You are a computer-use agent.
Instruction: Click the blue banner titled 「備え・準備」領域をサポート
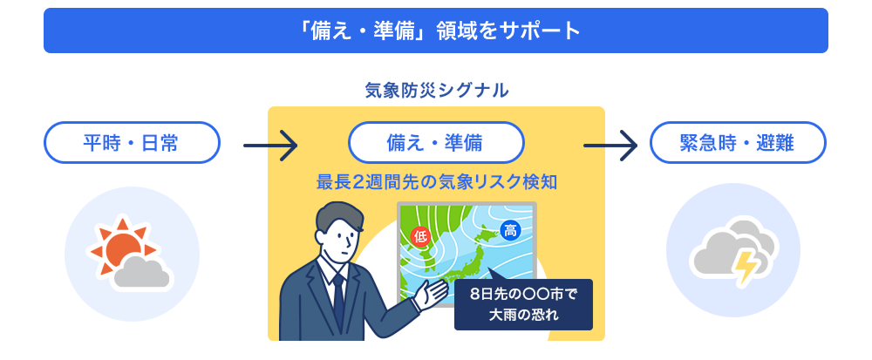pyautogui.click(x=435, y=31)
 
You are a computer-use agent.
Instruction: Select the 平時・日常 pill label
pyautogui.click(x=132, y=143)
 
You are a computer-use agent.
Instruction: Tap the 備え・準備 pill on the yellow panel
pyautogui.click(x=436, y=143)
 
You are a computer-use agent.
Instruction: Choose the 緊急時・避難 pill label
pyautogui.click(x=738, y=143)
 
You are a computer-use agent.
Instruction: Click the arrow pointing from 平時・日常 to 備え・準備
pyautogui.click(x=270, y=146)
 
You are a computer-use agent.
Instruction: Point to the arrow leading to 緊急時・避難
pyautogui.click(x=610, y=146)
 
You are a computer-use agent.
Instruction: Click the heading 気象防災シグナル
pyautogui.click(x=437, y=90)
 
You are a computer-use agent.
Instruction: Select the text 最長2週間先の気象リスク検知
pyautogui.click(x=437, y=181)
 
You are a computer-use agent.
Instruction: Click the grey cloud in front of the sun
pyautogui.click(x=142, y=272)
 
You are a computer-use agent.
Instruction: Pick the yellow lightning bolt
pyautogui.click(x=744, y=267)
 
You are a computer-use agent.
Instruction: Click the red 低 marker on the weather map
pyautogui.click(x=420, y=236)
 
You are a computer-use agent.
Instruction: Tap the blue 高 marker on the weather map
pyautogui.click(x=509, y=230)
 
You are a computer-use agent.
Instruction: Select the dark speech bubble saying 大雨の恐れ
pyautogui.click(x=523, y=304)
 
